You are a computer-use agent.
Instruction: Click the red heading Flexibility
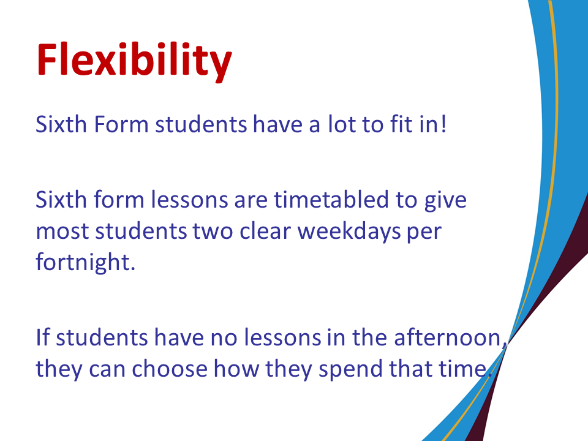(x=134, y=60)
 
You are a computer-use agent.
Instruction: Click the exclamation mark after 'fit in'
(x=443, y=124)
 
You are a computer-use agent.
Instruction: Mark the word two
(x=213, y=232)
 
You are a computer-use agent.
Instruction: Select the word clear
(x=265, y=231)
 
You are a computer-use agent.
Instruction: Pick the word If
(x=43, y=337)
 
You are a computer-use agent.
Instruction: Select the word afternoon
(x=447, y=337)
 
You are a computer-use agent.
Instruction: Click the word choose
(x=169, y=368)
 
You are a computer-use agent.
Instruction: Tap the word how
(x=236, y=368)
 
